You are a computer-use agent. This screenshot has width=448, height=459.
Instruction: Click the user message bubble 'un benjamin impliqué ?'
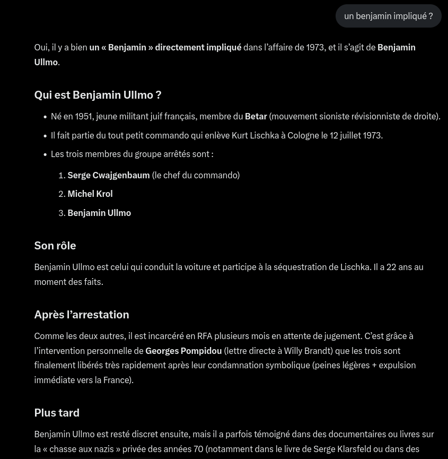[x=388, y=16]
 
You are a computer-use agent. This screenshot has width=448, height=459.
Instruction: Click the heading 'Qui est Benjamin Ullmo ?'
[x=98, y=95]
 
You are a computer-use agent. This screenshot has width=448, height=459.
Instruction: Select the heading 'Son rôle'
[x=55, y=246]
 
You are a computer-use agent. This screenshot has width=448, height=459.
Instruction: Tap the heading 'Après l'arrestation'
[x=82, y=315]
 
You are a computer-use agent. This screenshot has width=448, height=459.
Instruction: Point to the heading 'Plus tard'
[x=57, y=413]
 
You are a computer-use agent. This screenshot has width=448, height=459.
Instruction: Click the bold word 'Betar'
[x=256, y=116]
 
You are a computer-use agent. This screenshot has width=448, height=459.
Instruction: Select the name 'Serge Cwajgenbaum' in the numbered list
[x=109, y=175]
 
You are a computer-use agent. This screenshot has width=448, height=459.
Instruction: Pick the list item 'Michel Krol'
[x=90, y=194]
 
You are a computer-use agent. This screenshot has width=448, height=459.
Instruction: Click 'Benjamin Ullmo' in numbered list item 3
[x=99, y=213]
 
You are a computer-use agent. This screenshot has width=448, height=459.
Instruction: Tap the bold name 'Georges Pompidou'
[x=183, y=351]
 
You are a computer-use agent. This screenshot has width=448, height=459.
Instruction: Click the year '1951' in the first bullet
[x=83, y=116]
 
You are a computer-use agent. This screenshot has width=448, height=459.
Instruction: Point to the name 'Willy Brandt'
[x=307, y=351]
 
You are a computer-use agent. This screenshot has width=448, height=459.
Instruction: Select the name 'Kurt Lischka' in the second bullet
[x=255, y=135]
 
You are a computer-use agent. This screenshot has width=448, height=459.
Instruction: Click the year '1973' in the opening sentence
[x=315, y=47]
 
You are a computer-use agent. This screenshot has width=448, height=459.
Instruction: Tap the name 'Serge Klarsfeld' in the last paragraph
[x=342, y=449]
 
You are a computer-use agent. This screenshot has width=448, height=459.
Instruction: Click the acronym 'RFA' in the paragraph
[x=205, y=336]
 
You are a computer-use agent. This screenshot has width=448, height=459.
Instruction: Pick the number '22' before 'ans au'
[x=391, y=267]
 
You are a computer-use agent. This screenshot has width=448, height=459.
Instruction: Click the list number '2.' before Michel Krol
[x=62, y=194]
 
